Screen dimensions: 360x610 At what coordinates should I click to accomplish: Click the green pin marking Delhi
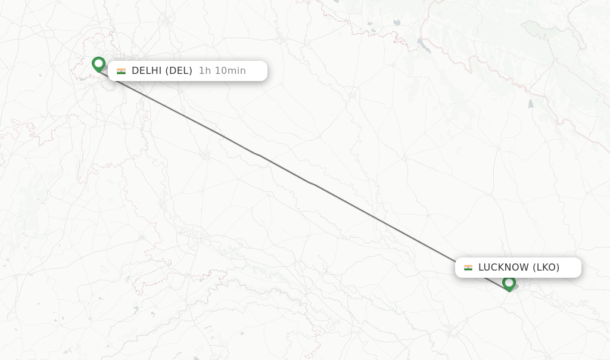pos(98,63)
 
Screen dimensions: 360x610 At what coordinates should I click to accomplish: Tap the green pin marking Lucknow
pos(509,283)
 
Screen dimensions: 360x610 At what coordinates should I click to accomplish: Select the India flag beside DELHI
pos(121,71)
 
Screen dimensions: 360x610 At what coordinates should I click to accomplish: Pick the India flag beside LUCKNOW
pos(468,268)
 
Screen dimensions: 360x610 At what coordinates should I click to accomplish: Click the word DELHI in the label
pos(147,71)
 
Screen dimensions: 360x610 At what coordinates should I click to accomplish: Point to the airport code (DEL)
pos(179,71)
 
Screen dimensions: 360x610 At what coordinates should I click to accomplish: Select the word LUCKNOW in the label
pos(503,268)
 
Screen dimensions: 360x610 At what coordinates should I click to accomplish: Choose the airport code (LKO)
pos(546,268)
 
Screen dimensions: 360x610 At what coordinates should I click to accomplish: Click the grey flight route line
pos(310,182)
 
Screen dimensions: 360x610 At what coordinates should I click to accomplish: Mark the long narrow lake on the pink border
pos(424,45)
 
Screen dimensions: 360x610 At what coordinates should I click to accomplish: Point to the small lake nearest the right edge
pos(531,103)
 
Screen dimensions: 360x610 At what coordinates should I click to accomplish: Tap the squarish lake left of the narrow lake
pos(397,22)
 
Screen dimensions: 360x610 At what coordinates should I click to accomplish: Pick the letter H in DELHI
pos(154,71)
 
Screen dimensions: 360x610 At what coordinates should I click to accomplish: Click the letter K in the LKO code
pos(546,268)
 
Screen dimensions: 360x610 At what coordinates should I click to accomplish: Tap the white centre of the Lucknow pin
pos(509,281)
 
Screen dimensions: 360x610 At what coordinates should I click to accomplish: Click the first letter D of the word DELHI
pos(135,71)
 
